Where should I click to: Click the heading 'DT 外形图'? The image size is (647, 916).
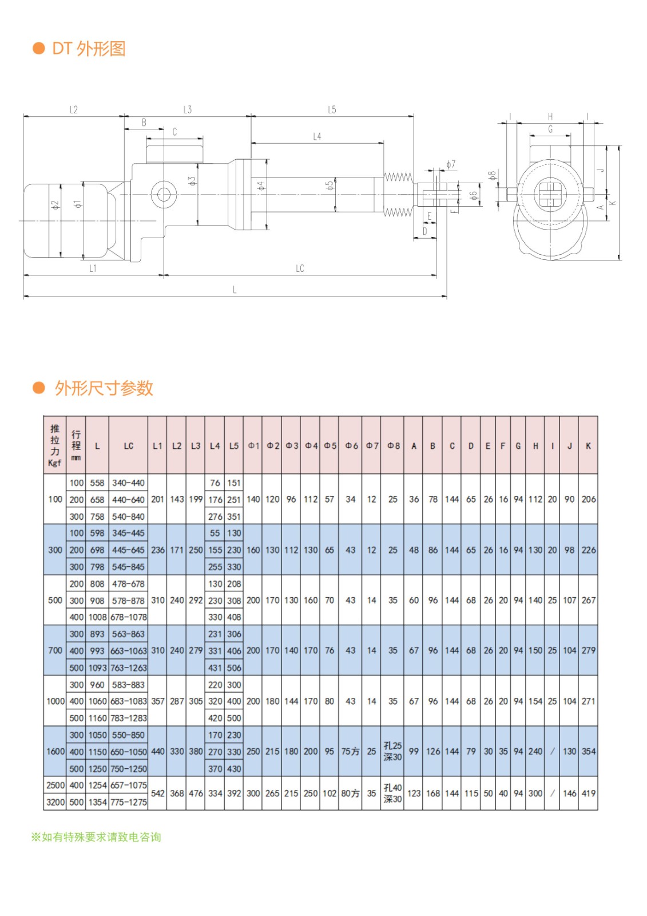pos(88,49)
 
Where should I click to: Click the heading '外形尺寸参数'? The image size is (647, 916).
pos(104,388)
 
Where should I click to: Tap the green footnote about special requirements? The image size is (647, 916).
pos(96,837)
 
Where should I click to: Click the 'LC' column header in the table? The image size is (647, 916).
pos(128,446)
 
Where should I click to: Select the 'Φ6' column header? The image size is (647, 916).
pos(351,446)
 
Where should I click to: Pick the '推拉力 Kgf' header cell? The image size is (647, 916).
pos(55,445)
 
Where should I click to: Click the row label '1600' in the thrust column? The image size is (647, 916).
pos(55,752)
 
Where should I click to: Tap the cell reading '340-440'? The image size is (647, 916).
pos(128,483)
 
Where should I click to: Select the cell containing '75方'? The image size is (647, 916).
pos(351,752)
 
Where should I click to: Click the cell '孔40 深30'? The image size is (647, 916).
pos(392,793)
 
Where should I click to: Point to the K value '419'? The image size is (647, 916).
pos(588,793)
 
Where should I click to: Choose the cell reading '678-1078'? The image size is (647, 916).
pos(128,617)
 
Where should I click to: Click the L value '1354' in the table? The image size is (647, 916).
pos(97,802)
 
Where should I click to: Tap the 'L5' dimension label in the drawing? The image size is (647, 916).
pos(332,109)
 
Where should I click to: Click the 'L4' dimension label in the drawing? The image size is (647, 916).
pos(317,136)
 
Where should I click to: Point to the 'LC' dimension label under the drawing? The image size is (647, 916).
pos(300,269)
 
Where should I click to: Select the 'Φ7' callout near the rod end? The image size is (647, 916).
pos(451,164)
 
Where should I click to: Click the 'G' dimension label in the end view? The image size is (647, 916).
pos(550,129)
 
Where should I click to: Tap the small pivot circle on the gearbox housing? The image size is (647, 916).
pos(163,194)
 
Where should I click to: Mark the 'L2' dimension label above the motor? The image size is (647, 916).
pos(73,109)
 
